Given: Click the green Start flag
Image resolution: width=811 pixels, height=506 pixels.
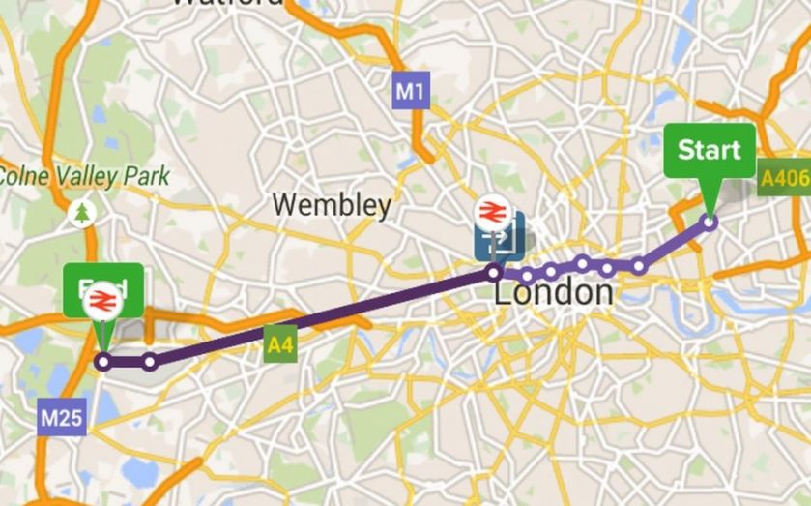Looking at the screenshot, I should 709,150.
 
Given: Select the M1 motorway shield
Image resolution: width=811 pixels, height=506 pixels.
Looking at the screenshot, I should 411,92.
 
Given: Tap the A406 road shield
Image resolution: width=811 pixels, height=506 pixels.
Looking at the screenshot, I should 782,179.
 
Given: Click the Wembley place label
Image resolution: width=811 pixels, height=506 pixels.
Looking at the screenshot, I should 332,205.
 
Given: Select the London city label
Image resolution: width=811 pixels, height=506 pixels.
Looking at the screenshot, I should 553,292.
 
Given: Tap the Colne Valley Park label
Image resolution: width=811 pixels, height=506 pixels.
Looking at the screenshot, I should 85,176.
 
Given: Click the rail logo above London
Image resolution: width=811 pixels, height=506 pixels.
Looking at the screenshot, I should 491,211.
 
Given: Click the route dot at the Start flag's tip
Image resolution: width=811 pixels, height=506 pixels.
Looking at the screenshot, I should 710,222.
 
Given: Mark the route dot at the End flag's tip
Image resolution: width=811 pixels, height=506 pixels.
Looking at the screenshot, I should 103,362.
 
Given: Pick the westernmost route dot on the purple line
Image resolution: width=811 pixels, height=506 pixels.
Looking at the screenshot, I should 103,362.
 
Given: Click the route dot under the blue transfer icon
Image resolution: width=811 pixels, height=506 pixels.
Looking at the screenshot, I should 495,273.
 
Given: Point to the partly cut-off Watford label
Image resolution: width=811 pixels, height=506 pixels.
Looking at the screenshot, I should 228,4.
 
